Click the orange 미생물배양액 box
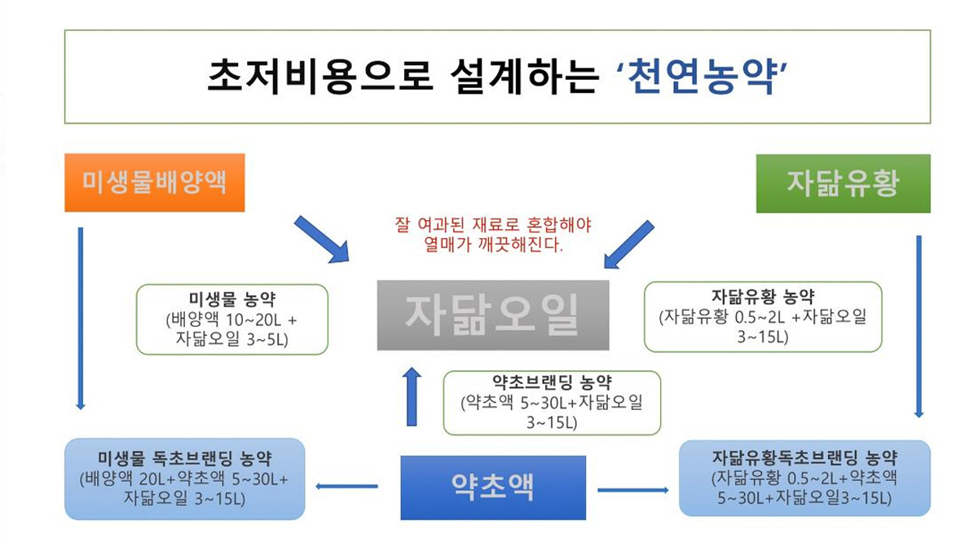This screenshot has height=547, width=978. click(155, 183)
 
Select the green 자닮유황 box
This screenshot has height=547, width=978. click(843, 183)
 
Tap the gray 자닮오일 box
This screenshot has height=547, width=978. click(493, 315)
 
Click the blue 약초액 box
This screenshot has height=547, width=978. click(493, 487)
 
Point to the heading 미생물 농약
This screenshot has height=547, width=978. click(232, 299)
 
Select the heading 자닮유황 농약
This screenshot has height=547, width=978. click(763, 297)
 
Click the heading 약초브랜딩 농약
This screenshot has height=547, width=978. click(552, 382)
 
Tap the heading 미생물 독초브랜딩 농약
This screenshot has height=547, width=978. click(185, 458)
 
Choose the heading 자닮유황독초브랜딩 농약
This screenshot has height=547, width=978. click(804, 457)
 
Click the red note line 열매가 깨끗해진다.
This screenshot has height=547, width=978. click(493, 245)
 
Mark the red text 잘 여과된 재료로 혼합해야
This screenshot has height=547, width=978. click(493, 225)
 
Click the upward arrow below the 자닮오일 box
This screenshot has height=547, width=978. click(412, 396)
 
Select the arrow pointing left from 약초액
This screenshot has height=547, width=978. click(346, 486)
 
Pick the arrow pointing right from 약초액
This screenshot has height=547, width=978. click(633, 490)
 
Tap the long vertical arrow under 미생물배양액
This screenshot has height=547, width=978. click(81, 318)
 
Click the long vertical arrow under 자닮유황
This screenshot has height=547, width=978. click(919, 327)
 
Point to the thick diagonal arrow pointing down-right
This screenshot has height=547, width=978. click(322, 240)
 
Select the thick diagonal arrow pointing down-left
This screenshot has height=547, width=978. click(628, 245)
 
